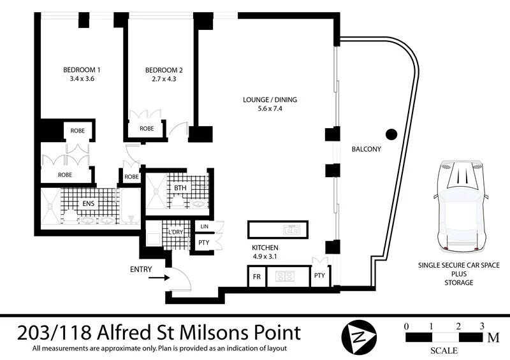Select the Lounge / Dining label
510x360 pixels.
(x=270, y=100)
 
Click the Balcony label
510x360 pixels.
(x=366, y=149)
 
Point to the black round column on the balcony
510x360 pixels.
(x=391, y=134)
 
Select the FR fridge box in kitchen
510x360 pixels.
(x=256, y=277)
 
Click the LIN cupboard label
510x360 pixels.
(x=205, y=227)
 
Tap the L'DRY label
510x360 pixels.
(x=176, y=232)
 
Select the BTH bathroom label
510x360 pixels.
(x=180, y=188)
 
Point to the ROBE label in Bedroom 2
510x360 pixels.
(x=147, y=128)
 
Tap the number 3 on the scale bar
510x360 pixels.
(x=482, y=326)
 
